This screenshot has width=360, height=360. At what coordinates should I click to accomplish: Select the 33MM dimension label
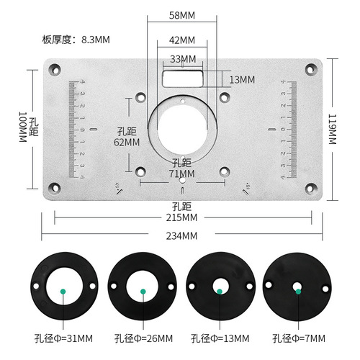pyautogui.click(x=183, y=58)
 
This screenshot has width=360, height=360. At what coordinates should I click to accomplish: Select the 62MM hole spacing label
pyautogui.click(x=127, y=143)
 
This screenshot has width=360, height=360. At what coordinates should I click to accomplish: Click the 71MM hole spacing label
pyautogui.click(x=183, y=173)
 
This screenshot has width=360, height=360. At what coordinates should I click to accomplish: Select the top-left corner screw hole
pyautogui.click(x=55, y=70)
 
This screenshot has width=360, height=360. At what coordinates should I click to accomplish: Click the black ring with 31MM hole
pyautogui.click(x=63, y=290)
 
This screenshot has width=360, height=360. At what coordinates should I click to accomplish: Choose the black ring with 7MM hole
pyautogui.click(x=297, y=290)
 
